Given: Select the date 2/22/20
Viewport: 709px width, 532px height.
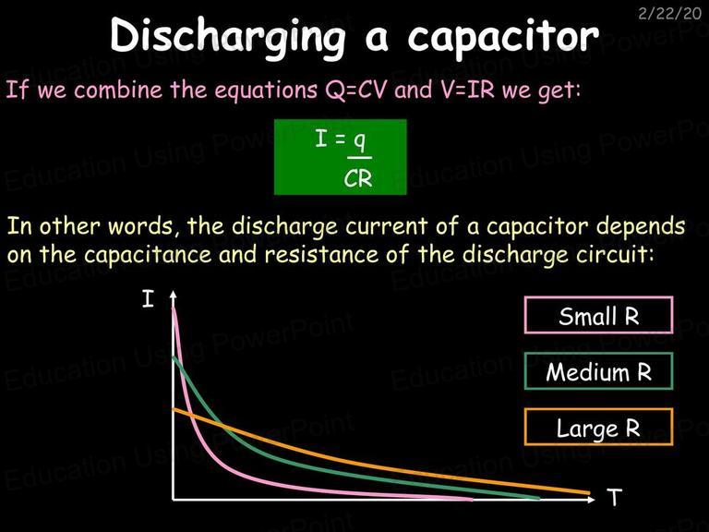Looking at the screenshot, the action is pyautogui.click(x=669, y=14).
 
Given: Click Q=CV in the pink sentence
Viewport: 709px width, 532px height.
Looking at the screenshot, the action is pyautogui.click(x=355, y=90).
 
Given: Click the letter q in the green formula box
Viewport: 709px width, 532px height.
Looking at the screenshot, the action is pyautogui.click(x=359, y=141).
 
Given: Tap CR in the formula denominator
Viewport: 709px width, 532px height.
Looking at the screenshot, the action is pyautogui.click(x=357, y=179).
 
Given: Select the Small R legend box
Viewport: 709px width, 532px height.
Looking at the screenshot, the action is pyautogui.click(x=598, y=315).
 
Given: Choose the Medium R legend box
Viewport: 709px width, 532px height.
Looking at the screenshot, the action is pyautogui.click(x=598, y=371).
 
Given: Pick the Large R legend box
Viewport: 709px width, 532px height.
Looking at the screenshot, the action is pyautogui.click(x=598, y=427).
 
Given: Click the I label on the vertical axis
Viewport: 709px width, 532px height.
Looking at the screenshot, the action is pyautogui.click(x=148, y=299).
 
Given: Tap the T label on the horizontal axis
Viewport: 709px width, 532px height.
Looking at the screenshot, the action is pyautogui.click(x=615, y=498).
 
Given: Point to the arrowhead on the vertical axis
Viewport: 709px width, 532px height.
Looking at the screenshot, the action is pyautogui.click(x=173, y=295).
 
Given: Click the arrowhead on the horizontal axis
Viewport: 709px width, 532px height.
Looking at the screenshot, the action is pyautogui.click(x=592, y=500).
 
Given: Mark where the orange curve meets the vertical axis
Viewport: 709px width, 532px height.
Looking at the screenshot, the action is pyautogui.click(x=174, y=410).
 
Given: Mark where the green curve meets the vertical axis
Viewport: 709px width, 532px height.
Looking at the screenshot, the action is pyautogui.click(x=174, y=357).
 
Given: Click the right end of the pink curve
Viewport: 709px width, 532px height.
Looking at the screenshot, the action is pyautogui.click(x=472, y=499).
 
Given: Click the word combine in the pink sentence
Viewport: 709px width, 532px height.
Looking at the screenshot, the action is pyautogui.click(x=118, y=90).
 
